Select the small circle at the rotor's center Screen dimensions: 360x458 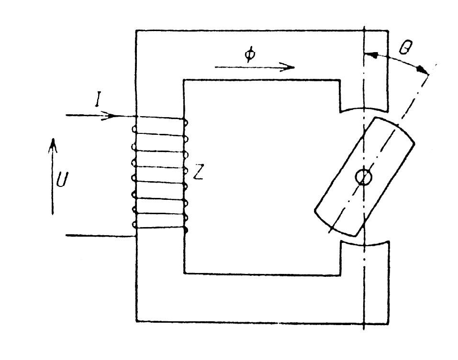tap(363, 177)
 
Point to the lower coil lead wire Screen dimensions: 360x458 tap(101, 236)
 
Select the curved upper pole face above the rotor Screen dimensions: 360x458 tap(364, 110)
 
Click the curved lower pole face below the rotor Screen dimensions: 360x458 tap(364, 244)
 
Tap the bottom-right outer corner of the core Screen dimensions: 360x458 tap(388, 324)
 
